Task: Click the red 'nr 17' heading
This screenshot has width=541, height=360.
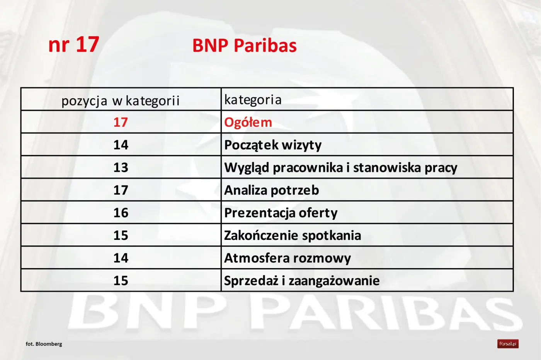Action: [74, 44]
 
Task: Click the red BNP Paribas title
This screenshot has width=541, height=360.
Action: [244, 46]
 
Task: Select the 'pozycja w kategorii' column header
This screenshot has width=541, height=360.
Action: [121, 100]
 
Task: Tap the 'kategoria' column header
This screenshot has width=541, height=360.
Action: [253, 100]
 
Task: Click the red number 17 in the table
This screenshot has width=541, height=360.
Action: [121, 122]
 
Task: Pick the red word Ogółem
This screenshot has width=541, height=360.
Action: [248, 122]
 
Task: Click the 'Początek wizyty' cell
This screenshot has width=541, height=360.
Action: [273, 145]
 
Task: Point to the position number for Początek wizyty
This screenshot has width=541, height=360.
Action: [121, 145]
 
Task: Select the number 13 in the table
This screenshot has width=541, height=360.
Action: [121, 167]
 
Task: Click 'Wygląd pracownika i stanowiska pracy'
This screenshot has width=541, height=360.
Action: [341, 168]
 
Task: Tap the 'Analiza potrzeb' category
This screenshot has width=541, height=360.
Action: [271, 190]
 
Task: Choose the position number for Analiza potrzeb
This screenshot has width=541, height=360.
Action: [121, 190]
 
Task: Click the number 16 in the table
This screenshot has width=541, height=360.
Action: [121, 213]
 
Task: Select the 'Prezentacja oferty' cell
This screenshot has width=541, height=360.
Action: [281, 213]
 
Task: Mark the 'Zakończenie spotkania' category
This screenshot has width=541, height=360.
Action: [293, 235]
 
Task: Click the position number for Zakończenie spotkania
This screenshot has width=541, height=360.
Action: [121, 235]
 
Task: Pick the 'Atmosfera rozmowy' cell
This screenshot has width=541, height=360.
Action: [288, 258]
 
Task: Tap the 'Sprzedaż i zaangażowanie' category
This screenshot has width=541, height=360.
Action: [302, 281]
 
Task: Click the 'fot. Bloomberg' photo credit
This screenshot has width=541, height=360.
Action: [44, 344]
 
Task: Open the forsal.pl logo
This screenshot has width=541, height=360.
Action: [508, 344]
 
